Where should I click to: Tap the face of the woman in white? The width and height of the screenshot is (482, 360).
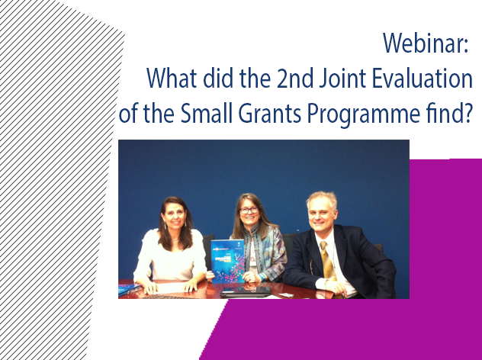[x=173, y=216]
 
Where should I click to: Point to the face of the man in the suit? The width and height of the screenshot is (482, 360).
[x=322, y=215]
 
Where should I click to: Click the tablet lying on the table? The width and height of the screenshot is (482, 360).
[x=246, y=291]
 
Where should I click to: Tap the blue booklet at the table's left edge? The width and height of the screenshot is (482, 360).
[x=128, y=288]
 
